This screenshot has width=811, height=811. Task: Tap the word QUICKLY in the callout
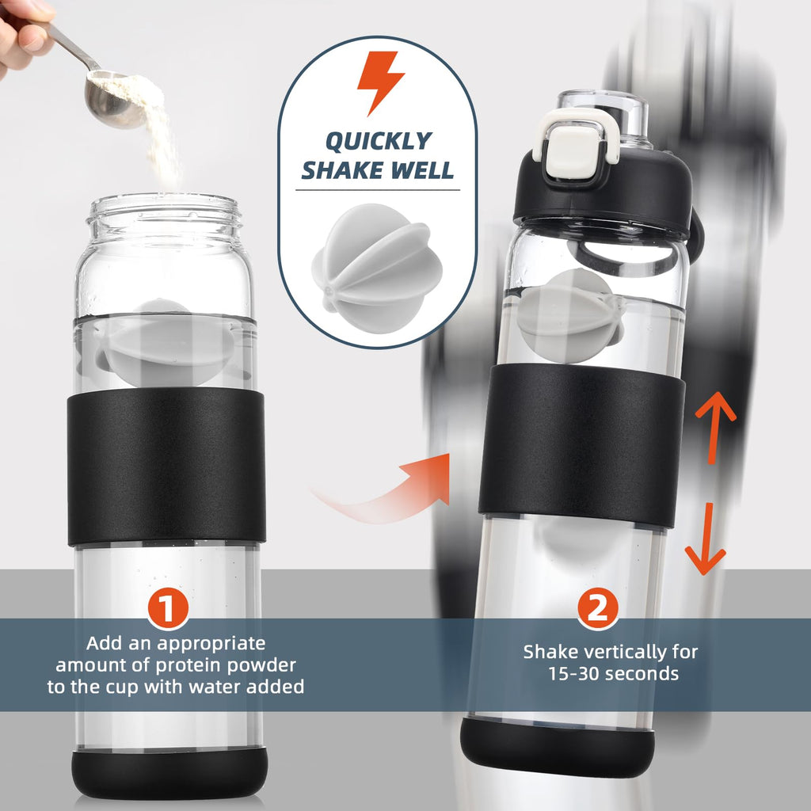coord(379,141)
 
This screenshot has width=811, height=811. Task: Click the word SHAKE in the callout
coord(339,170)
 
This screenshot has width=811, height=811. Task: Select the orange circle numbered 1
coord(167,609)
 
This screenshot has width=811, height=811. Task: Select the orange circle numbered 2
coord(597,609)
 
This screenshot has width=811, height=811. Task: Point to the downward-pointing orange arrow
coord(704,539)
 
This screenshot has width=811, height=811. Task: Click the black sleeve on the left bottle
coord(166,467)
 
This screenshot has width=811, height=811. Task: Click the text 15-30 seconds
coord(611,674)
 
